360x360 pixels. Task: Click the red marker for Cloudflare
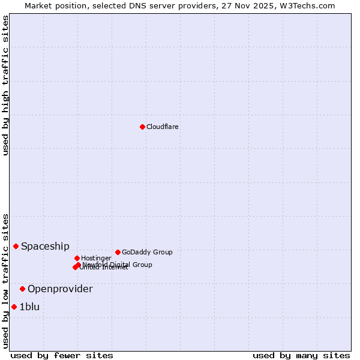142,127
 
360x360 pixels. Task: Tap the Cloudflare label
163,127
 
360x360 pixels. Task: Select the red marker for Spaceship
16,246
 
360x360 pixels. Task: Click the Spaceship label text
45,246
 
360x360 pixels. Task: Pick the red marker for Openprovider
23,289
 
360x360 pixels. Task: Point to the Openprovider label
60,289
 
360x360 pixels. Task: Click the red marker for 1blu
14,307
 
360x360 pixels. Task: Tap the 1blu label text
29,307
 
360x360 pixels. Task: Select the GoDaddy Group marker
118,252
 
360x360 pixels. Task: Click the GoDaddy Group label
147,252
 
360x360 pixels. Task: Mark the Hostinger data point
77,258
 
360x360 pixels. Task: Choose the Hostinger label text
96,258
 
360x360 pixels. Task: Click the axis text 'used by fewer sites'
62,355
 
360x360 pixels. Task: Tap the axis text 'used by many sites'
301,355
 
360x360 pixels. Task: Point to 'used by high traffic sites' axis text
5,85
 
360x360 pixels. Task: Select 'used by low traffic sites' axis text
5,281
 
